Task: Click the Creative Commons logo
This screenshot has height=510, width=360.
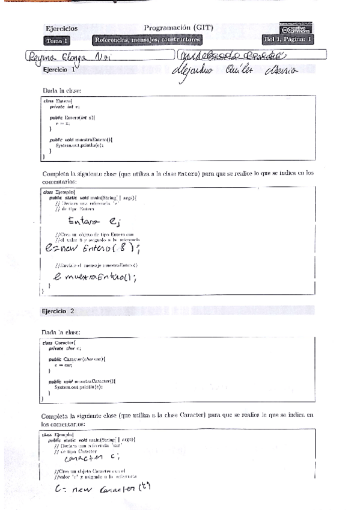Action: click(x=296, y=29)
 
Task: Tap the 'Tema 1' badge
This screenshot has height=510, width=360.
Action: click(x=56, y=41)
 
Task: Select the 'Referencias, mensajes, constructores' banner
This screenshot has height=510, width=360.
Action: click(x=147, y=40)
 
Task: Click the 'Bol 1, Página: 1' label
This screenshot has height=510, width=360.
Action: click(x=288, y=40)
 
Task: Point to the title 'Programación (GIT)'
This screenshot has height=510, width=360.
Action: click(x=178, y=28)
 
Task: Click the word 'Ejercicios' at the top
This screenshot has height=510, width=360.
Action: click(x=61, y=28)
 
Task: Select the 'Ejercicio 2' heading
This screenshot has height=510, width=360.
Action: click(x=58, y=311)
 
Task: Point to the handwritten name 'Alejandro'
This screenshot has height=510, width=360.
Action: click(x=197, y=70)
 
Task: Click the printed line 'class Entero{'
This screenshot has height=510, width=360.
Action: click(x=57, y=101)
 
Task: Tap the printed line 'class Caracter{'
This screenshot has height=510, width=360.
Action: click(x=59, y=342)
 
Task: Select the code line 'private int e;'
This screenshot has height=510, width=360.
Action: click(x=61, y=106)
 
